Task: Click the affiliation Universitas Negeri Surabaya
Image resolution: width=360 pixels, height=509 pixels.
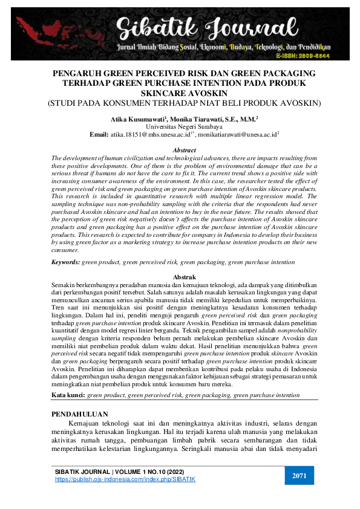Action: [180, 128]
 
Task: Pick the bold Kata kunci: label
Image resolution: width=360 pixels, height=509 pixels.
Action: [68, 394]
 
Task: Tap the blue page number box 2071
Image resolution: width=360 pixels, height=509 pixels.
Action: [299, 476]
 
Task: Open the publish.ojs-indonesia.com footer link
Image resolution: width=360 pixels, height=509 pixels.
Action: [125, 479]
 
